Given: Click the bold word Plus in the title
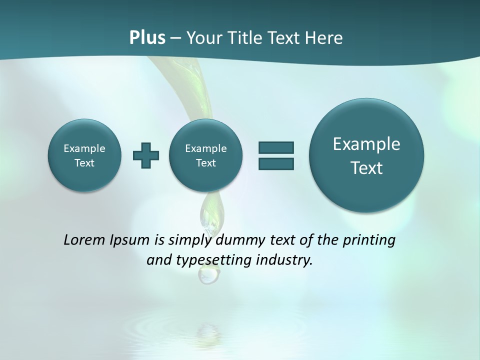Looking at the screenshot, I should click(x=147, y=38).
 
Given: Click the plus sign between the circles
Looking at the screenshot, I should click(x=146, y=155).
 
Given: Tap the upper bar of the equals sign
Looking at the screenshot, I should click(x=276, y=147).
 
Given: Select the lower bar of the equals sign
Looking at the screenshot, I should click(x=276, y=163).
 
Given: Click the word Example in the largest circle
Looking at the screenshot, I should click(x=366, y=144).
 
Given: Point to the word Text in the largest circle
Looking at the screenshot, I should click(x=366, y=168).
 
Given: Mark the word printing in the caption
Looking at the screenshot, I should click(x=370, y=240).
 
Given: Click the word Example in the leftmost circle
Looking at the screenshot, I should click(x=84, y=148).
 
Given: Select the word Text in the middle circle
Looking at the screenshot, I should click(x=205, y=163).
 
